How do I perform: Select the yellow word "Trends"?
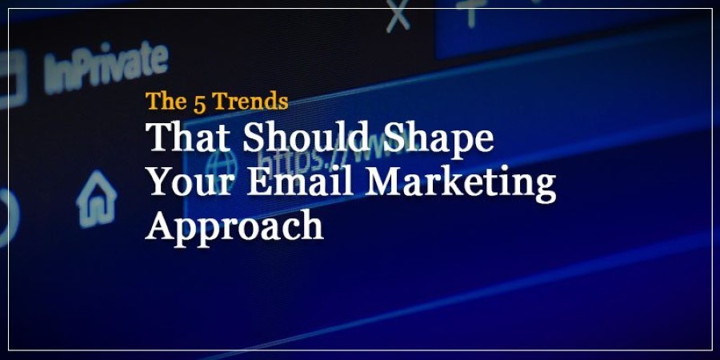pos(251,102)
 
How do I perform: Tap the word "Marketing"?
pos(461,184)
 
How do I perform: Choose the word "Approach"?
pos(234,227)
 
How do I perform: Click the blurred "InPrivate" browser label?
pos(106,67)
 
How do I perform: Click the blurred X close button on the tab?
pos(398,17)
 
